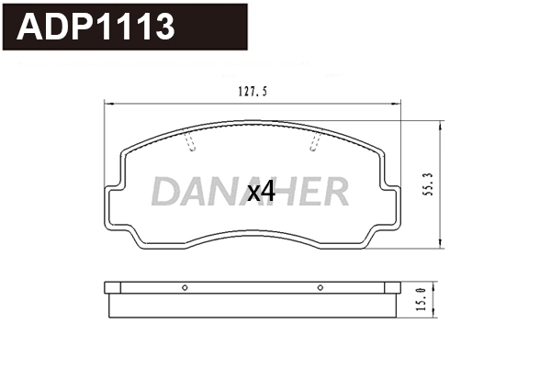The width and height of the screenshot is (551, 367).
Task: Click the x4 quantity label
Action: tap(263, 192)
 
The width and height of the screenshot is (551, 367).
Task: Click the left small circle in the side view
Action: tap(185, 288)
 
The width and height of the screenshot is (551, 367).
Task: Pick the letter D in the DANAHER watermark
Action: tap(165, 192)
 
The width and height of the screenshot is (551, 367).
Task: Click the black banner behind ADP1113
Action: tap(211, 28)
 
